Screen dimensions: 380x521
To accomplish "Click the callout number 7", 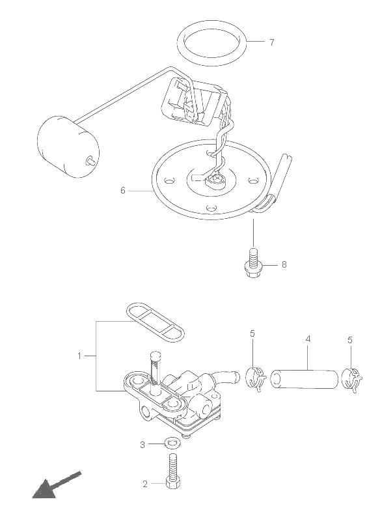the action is (x=272, y=42).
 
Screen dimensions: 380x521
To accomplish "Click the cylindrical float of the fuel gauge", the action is (x=68, y=147).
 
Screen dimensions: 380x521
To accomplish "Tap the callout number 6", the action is (x=123, y=190).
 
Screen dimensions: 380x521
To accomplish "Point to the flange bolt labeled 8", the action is (x=253, y=262).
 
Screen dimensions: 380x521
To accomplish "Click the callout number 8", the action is (x=284, y=264).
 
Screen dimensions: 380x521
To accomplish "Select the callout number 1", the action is (x=79, y=356).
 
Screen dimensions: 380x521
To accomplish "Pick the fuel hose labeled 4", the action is (x=305, y=379).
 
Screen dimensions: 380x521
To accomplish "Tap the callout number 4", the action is (x=308, y=339).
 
